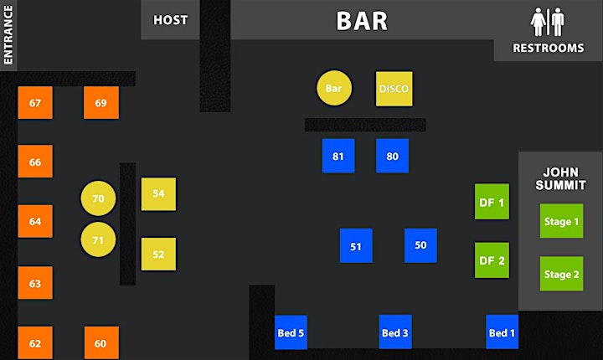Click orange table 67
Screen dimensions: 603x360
coord(35,103)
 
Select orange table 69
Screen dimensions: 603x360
coord(101,103)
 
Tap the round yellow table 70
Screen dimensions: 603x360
coord(98,198)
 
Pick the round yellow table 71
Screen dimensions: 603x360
coord(98,239)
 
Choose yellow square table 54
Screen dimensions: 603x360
coord(158,194)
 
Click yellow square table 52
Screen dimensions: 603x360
coord(158,254)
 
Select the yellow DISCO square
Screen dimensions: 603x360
coord(394,89)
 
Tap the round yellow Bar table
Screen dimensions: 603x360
coord(334,88)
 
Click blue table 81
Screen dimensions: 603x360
coord(338,156)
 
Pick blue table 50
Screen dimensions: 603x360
coord(420,245)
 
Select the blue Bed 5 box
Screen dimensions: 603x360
coord(291,332)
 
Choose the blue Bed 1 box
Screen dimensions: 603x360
coord(502,332)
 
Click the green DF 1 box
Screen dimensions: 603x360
coord(492,202)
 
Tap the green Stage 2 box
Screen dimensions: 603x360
coord(561,274)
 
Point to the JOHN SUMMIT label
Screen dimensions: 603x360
coord(560,178)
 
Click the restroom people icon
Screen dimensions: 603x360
coord(548,23)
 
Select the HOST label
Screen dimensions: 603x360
coord(170,19)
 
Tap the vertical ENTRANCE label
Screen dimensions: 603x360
coord(8,34)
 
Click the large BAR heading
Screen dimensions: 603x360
coord(362,21)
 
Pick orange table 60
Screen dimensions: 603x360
coord(101,342)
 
